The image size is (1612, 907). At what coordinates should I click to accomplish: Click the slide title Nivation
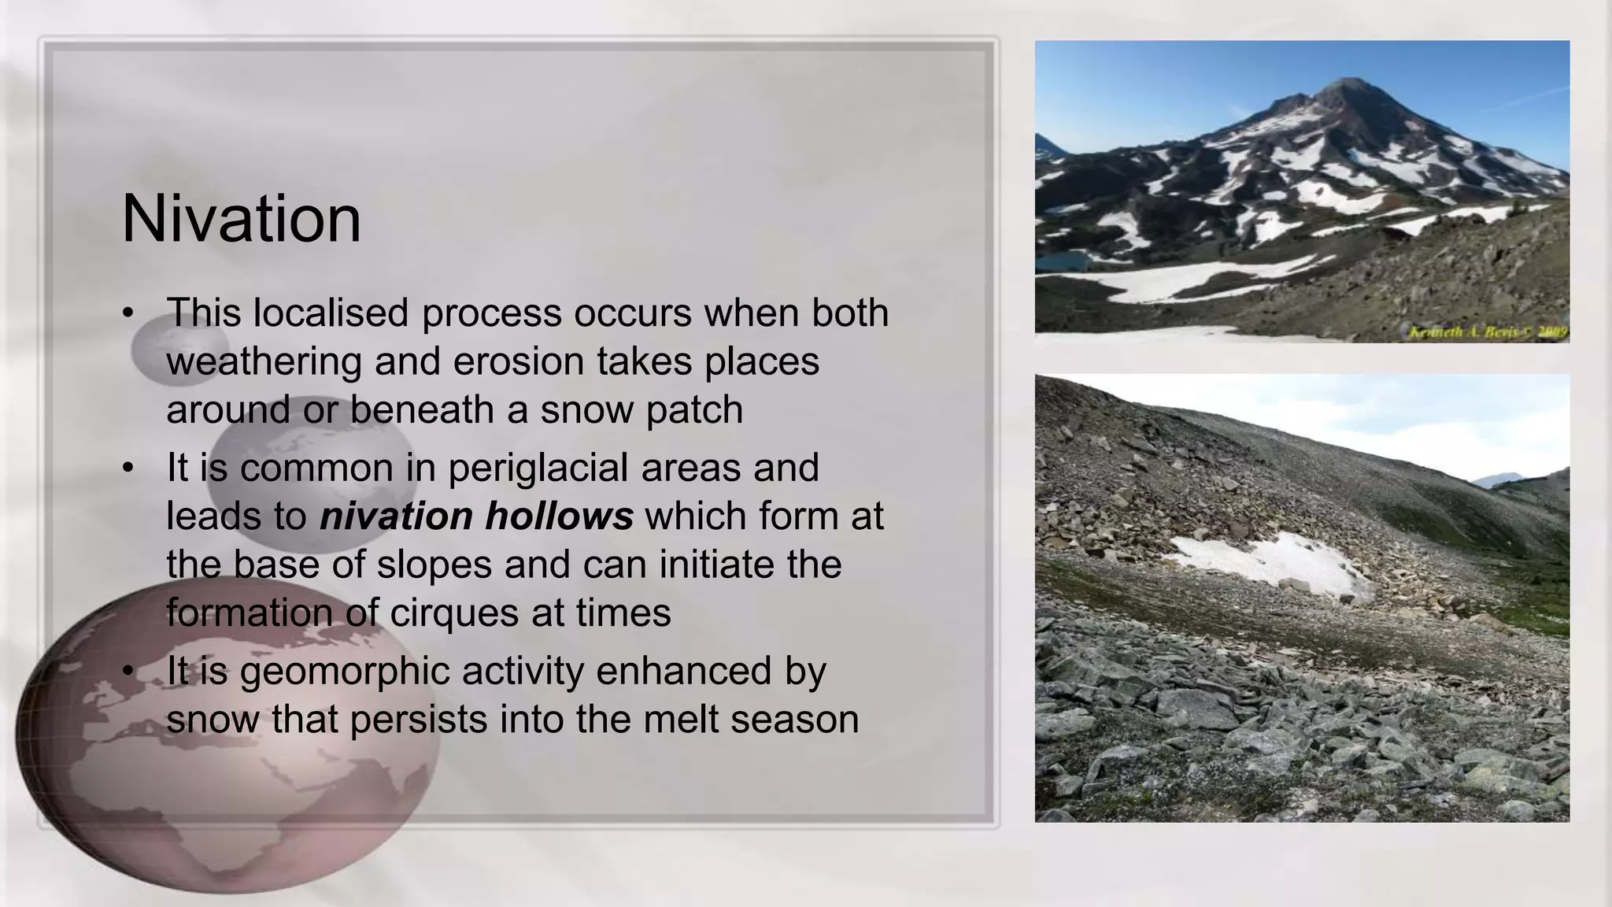click(x=242, y=219)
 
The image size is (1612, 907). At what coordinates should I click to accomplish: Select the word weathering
click(x=264, y=362)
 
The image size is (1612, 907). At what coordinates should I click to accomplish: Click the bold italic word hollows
click(x=559, y=516)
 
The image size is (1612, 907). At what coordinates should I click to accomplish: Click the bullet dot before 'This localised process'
click(x=128, y=313)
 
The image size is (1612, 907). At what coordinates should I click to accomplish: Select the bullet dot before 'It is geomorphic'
click(x=128, y=672)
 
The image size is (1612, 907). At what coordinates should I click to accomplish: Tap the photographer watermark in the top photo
click(x=1488, y=332)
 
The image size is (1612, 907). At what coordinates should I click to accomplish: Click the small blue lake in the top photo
click(x=1062, y=261)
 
